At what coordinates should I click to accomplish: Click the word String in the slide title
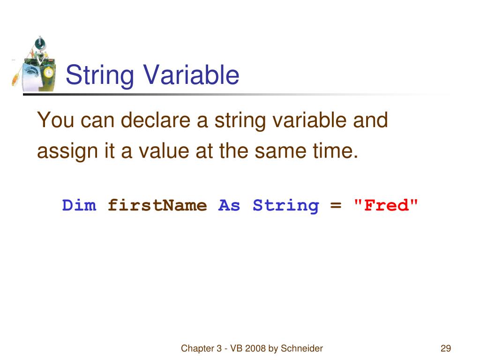coord(99,75)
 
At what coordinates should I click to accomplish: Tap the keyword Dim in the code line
coord(79,205)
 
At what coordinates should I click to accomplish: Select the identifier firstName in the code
coord(157,205)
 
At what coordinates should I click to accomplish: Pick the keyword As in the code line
coord(229,205)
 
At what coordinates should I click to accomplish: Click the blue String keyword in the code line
coord(285,205)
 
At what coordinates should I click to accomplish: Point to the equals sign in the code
coord(336,205)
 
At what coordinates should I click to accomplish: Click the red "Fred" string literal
coord(385,205)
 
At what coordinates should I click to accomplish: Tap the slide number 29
coord(446,348)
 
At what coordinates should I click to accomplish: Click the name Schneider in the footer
coord(302,348)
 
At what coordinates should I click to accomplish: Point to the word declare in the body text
coord(156,120)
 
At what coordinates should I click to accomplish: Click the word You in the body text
coord(56,120)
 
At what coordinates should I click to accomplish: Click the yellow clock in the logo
coord(48,73)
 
